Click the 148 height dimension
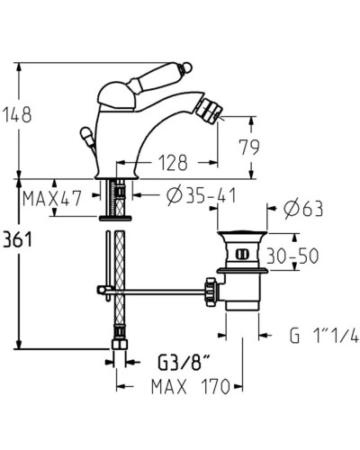click(x=17, y=114)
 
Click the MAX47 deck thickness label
click(x=52, y=197)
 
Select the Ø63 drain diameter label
click(x=304, y=211)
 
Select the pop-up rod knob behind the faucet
click(x=87, y=135)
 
